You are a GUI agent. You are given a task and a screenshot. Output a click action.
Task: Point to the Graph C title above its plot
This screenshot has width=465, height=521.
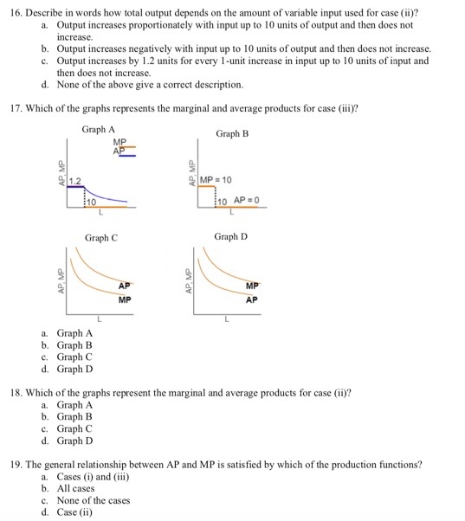click(102, 236)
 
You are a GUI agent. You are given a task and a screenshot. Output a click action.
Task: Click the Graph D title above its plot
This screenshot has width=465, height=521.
click(231, 235)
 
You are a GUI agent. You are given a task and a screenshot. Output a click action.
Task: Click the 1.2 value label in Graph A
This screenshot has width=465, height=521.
click(75, 181)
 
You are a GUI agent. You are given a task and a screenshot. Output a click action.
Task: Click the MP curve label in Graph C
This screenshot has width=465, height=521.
click(126, 299)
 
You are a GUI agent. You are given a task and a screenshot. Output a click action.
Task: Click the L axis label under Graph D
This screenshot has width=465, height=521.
click(227, 319)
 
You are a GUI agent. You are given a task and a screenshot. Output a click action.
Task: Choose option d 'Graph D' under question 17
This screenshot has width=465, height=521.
click(74, 369)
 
